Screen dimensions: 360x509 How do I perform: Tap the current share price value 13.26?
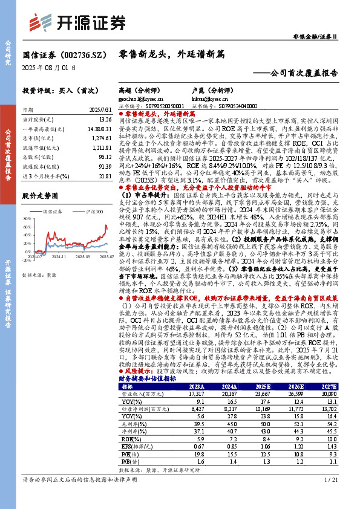click(x=103, y=120)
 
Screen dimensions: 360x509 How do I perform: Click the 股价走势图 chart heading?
click(x=40, y=196)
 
